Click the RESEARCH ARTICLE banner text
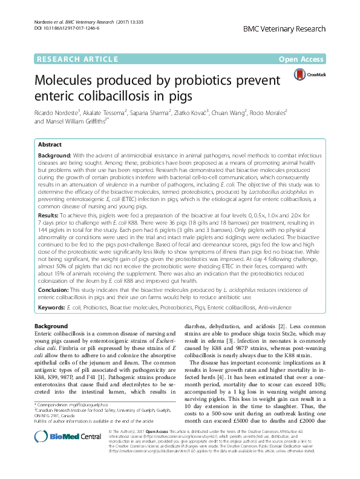tap(77, 59)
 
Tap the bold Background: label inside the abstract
tap(56, 156)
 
